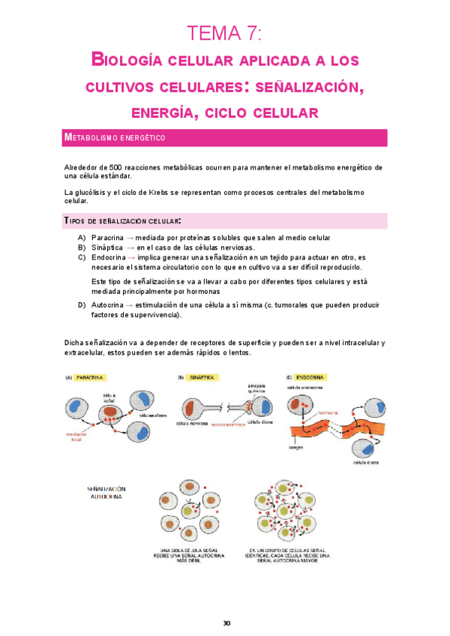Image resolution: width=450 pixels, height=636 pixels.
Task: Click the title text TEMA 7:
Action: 224,33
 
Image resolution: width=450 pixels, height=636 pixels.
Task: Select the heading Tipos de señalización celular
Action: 123,221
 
